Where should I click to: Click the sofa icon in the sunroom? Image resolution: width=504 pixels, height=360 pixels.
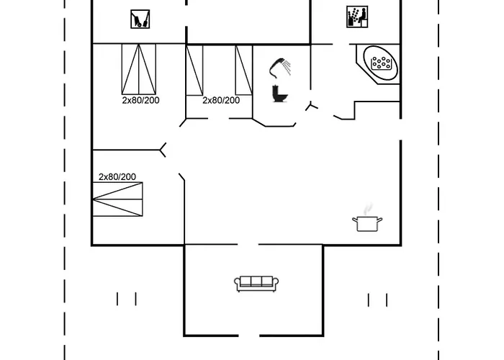256,284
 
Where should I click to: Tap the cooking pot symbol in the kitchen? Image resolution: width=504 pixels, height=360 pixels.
367,224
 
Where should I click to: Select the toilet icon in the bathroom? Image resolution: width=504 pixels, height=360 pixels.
279,93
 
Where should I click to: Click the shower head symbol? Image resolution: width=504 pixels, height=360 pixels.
276,68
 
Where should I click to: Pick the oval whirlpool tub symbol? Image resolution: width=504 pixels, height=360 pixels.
380,63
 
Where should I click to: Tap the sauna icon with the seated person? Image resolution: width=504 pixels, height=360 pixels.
357,17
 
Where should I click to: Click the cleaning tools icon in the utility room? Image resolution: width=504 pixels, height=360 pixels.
140,19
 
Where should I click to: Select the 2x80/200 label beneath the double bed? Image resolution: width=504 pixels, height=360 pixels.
140,100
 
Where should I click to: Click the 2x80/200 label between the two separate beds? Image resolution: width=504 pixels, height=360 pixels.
221,100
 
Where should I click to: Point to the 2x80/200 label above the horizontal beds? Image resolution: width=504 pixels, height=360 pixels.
117,177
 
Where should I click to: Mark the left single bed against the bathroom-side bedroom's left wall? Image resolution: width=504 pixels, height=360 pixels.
194,70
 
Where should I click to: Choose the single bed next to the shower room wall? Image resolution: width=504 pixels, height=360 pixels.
243,70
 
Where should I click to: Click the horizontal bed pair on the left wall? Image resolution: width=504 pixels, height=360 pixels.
117,199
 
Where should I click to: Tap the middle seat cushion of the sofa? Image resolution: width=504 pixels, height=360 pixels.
256,282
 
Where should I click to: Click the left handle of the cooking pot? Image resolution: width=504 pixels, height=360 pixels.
355,220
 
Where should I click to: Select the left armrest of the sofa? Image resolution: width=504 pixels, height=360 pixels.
237,282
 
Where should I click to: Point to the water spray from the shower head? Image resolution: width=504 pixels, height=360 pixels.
287,67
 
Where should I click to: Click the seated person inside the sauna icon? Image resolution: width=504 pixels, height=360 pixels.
363,17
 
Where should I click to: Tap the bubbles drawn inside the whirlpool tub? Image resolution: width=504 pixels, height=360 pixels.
381,63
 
